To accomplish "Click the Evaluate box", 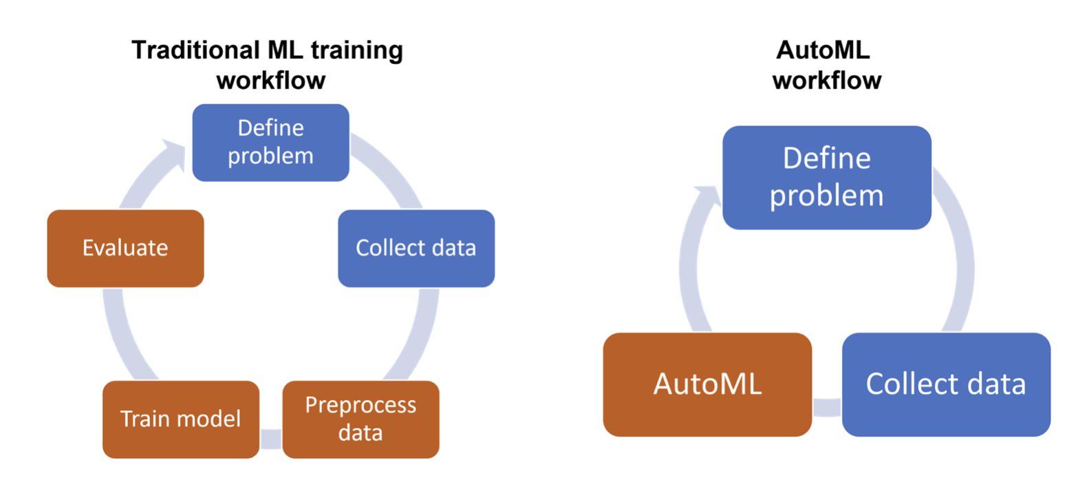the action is [x=125, y=248].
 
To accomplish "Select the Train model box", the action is [x=181, y=419].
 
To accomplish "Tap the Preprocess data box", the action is [x=361, y=419].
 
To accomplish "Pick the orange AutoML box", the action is [x=707, y=385].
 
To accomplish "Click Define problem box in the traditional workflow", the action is [x=271, y=143].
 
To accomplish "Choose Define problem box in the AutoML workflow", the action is [x=827, y=178].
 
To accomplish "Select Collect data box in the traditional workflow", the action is [x=416, y=248].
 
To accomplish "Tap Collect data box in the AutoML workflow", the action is [x=946, y=385].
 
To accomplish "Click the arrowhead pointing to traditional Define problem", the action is [x=175, y=154].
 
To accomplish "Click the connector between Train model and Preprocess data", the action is [x=271, y=439].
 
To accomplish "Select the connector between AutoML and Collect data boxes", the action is [x=827, y=407].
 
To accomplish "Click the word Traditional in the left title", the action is [x=195, y=50].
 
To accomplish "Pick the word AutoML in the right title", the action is [x=823, y=50].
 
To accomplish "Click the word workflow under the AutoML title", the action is [x=827, y=80].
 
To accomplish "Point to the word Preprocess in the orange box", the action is [x=361, y=406].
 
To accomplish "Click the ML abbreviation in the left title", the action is [x=286, y=50].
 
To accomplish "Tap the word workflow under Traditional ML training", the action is [x=271, y=80].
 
